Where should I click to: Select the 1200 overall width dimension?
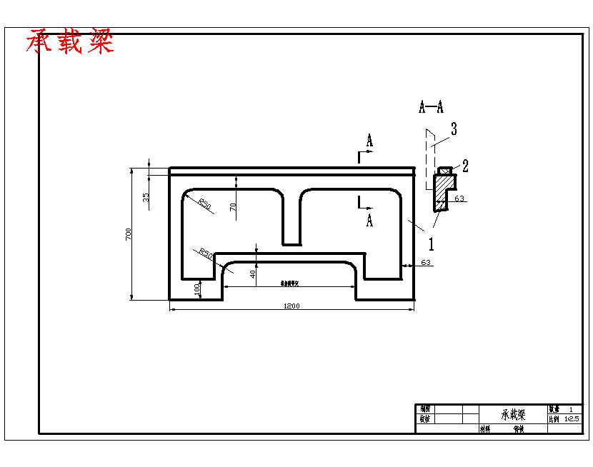click(x=291, y=306)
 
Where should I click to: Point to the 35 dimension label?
click(x=146, y=198)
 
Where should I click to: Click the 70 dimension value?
click(x=233, y=207)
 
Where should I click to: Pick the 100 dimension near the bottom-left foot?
click(x=197, y=288)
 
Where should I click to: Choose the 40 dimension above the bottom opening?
click(x=252, y=273)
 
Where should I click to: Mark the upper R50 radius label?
click(x=205, y=204)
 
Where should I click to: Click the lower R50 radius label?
click(x=206, y=253)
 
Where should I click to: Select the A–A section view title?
click(x=431, y=108)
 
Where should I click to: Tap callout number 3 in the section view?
click(x=454, y=129)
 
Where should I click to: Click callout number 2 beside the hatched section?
click(x=465, y=166)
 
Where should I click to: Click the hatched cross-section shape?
click(x=442, y=191)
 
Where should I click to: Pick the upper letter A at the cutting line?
click(x=369, y=141)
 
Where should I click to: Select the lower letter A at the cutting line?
click(x=369, y=220)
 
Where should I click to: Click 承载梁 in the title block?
click(x=513, y=415)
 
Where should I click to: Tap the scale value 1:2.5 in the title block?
click(x=572, y=419)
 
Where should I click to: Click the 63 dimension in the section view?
click(x=459, y=198)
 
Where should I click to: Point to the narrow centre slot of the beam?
click(x=291, y=218)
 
